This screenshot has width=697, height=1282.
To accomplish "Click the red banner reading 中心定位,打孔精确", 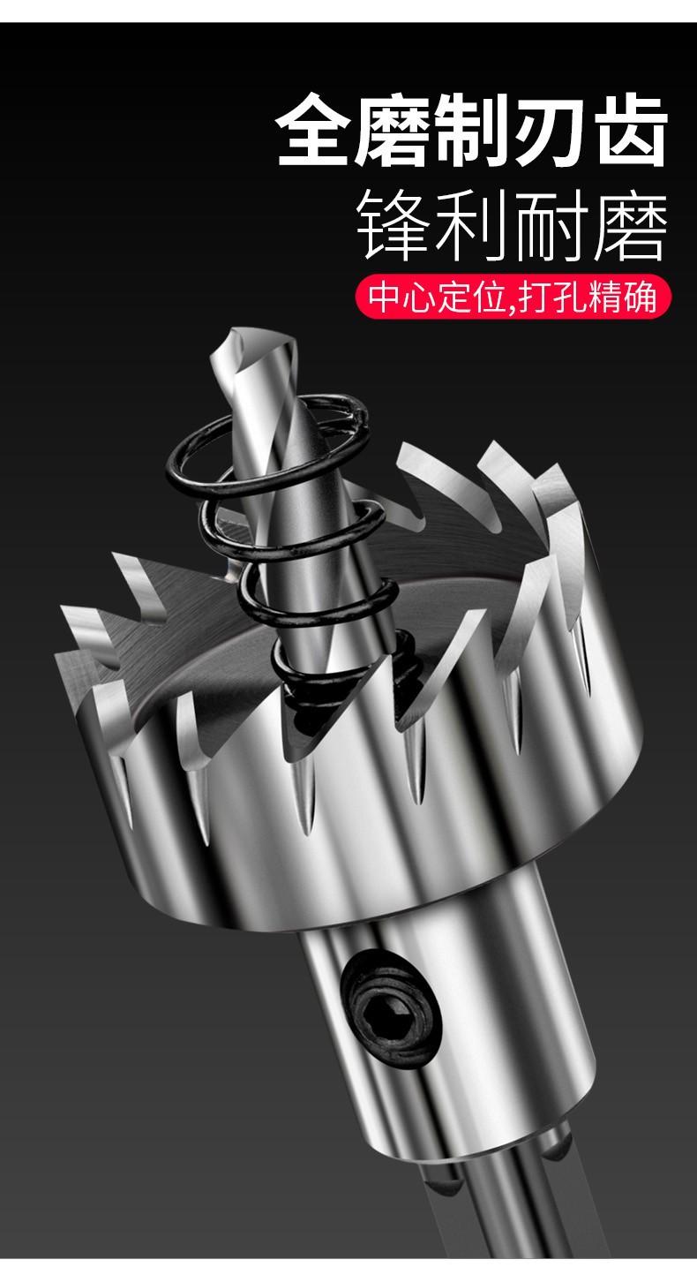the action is click(513, 297).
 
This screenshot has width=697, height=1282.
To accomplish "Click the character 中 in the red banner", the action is click(385, 297).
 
